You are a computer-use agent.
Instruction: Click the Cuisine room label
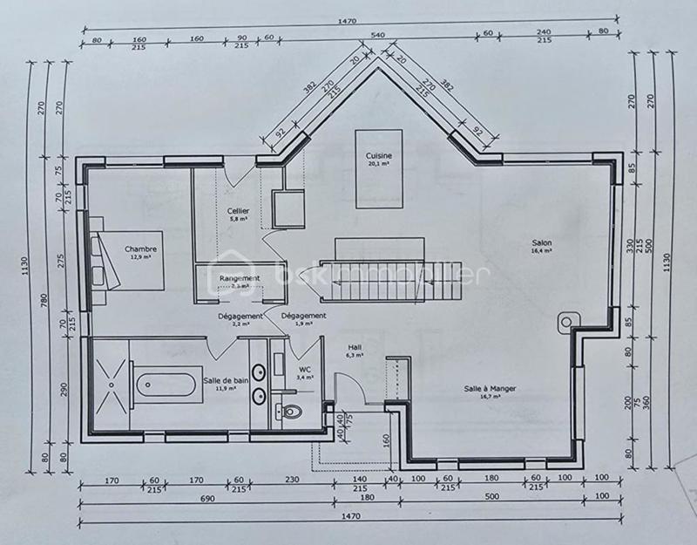pyautogui.click(x=379, y=155)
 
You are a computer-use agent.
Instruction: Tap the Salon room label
pyautogui.click(x=543, y=243)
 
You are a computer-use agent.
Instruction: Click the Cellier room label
pyautogui.click(x=238, y=211)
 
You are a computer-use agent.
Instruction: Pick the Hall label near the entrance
pyautogui.click(x=353, y=347)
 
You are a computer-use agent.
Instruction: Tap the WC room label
pyautogui.click(x=305, y=369)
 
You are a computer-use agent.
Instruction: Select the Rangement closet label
pyautogui.click(x=238, y=278)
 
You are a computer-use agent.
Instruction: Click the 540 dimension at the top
pyautogui.click(x=378, y=35)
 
